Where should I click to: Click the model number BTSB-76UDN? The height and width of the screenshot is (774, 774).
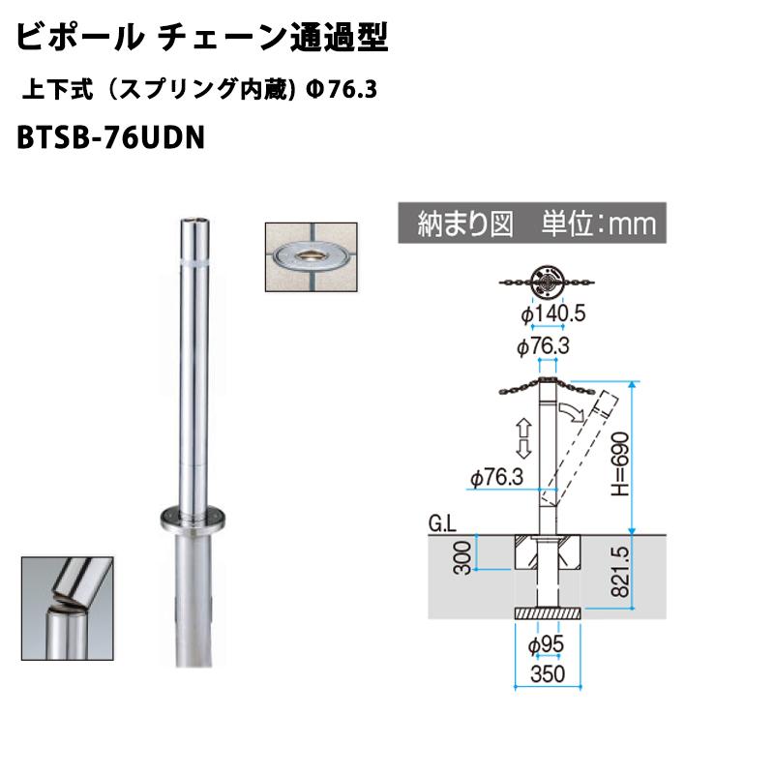click(x=110, y=137)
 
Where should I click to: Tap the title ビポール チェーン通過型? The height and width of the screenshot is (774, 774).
click(x=202, y=38)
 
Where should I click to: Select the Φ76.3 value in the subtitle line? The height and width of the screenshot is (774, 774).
click(x=342, y=90)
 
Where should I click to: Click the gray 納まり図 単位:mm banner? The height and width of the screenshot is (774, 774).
click(x=532, y=223)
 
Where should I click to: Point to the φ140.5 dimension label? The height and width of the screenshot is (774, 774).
click(x=552, y=313)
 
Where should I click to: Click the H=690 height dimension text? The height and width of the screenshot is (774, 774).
click(x=620, y=463)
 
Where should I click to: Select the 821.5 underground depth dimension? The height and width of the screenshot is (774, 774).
click(x=621, y=572)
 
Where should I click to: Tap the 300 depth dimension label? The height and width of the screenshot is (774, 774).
click(x=462, y=558)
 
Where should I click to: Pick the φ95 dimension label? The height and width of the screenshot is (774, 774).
click(x=546, y=644)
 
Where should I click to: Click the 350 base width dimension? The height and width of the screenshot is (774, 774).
click(x=548, y=673)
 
